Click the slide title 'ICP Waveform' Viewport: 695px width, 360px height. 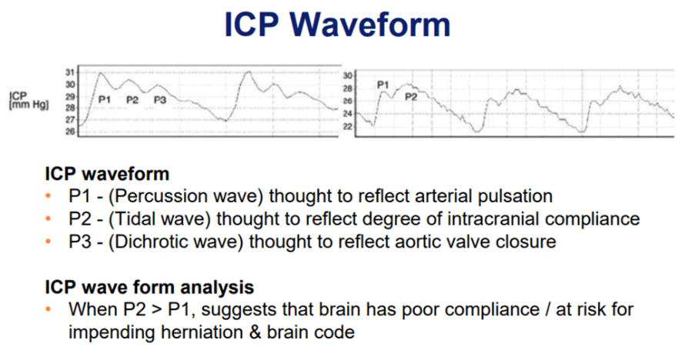pyautogui.click(x=337, y=25)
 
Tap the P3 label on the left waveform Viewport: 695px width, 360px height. pyautogui.click(x=160, y=100)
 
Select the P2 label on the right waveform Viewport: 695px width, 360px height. pyautogui.click(x=411, y=96)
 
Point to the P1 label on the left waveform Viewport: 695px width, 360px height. pyautogui.click(x=104, y=100)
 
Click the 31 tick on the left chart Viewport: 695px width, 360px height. pyautogui.click(x=70, y=72)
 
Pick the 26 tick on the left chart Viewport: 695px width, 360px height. pyautogui.click(x=70, y=132)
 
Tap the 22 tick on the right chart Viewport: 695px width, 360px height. pyautogui.click(x=348, y=127)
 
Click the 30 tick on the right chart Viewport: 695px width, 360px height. pyautogui.click(x=348, y=75)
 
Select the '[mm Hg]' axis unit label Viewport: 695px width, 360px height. pyautogui.click(x=28, y=105)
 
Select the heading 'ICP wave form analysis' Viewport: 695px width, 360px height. pyautogui.click(x=149, y=287)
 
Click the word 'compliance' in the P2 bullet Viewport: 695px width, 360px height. pyautogui.click(x=592, y=218)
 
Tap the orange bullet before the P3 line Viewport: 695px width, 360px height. pyautogui.click(x=48, y=242)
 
